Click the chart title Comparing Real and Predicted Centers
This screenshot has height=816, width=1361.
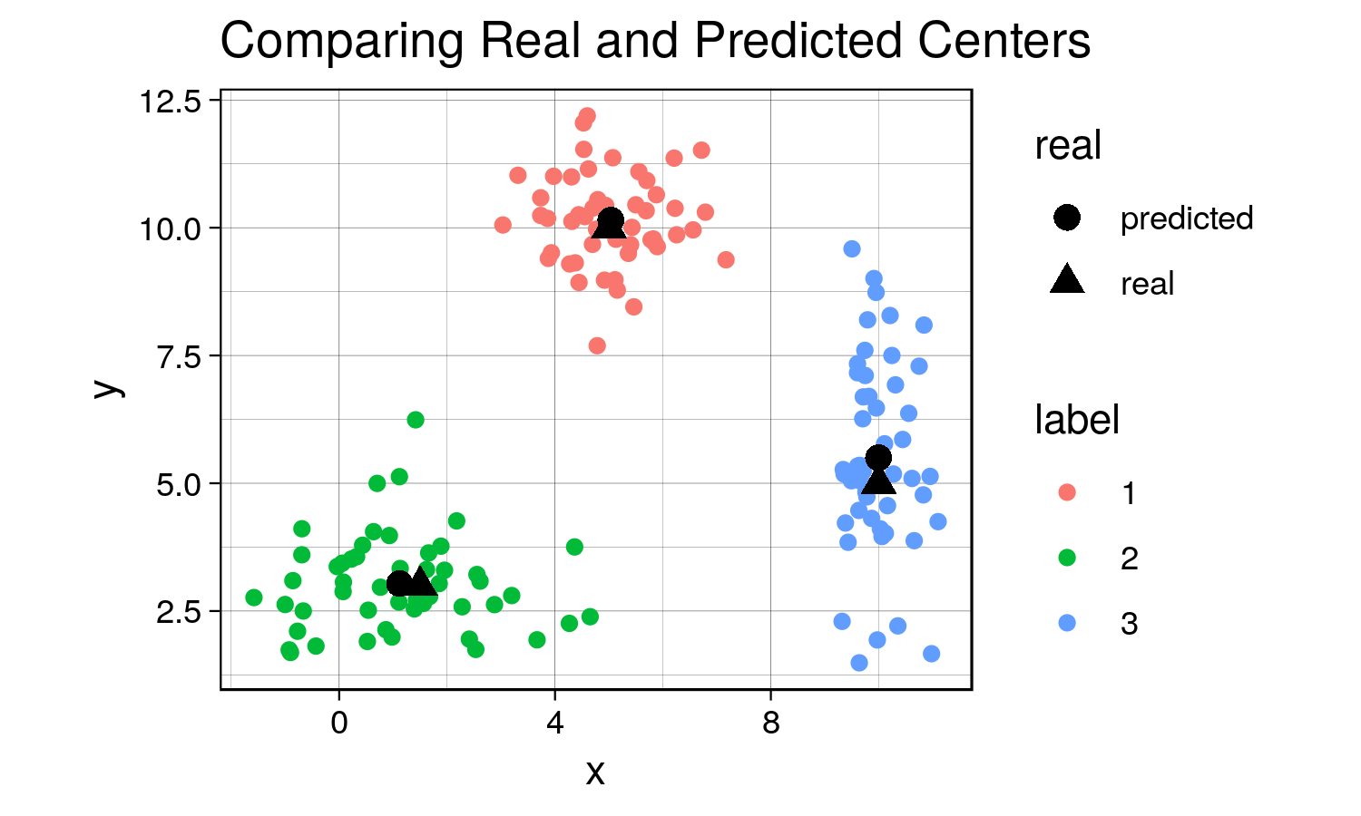(x=655, y=41)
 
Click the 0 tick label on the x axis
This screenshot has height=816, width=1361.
(x=339, y=723)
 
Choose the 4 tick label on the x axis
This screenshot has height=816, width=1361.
(x=555, y=723)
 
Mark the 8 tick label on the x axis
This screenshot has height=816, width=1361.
(x=771, y=723)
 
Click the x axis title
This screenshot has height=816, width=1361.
(x=595, y=772)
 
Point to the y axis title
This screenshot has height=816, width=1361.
(x=107, y=388)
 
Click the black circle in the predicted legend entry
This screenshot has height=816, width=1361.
(x=1067, y=218)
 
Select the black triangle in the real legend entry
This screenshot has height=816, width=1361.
(x=1067, y=280)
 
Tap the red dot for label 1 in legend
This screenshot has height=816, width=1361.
(x=1067, y=493)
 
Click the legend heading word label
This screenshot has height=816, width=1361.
(x=1077, y=420)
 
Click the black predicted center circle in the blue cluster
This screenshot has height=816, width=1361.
(x=878, y=457)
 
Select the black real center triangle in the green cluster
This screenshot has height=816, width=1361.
(x=420, y=581)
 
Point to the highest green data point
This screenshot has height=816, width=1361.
(x=416, y=420)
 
